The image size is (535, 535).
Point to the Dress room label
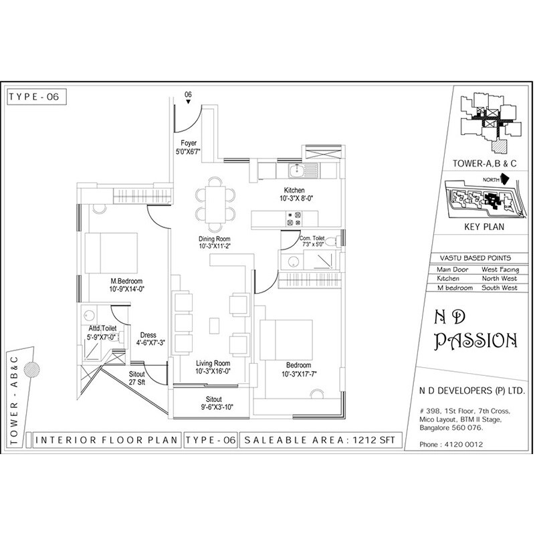(148, 336)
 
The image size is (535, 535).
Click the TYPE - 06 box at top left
(37, 96)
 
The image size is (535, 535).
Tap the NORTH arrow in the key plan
(505, 179)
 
